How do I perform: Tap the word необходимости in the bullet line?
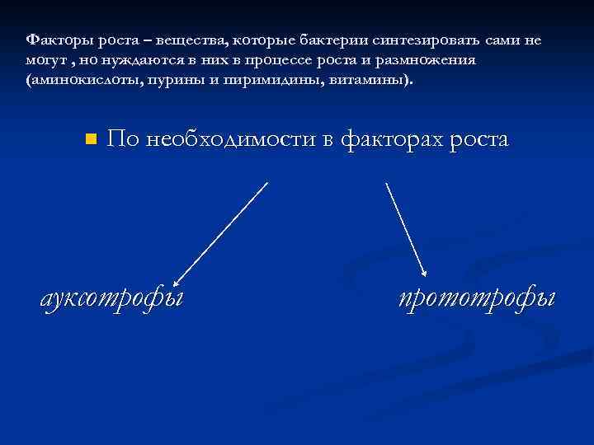(x=233, y=138)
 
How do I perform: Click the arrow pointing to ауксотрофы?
(x=220, y=232)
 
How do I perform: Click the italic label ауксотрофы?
(x=112, y=297)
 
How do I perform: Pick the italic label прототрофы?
(x=476, y=297)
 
